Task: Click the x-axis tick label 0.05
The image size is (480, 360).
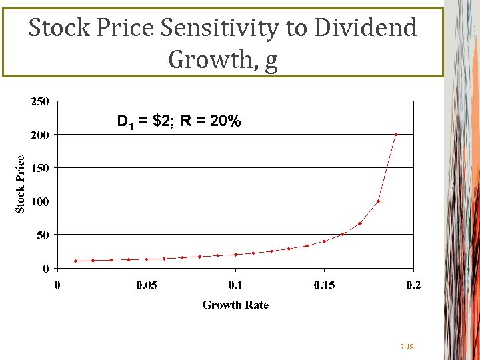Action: tap(147, 285)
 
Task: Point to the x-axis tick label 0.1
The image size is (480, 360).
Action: tap(235, 285)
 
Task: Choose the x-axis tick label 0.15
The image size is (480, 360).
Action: tap(324, 285)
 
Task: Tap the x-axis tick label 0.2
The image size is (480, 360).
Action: tap(413, 285)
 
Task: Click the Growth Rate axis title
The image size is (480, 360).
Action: tap(235, 305)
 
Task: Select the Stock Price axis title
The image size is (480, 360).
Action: tap(21, 185)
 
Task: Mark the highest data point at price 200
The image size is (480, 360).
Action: tap(395, 135)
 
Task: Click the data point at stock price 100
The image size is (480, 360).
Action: tap(378, 201)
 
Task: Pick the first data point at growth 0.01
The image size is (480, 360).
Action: tap(75, 261)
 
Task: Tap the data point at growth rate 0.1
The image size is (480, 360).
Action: tap(235, 255)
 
